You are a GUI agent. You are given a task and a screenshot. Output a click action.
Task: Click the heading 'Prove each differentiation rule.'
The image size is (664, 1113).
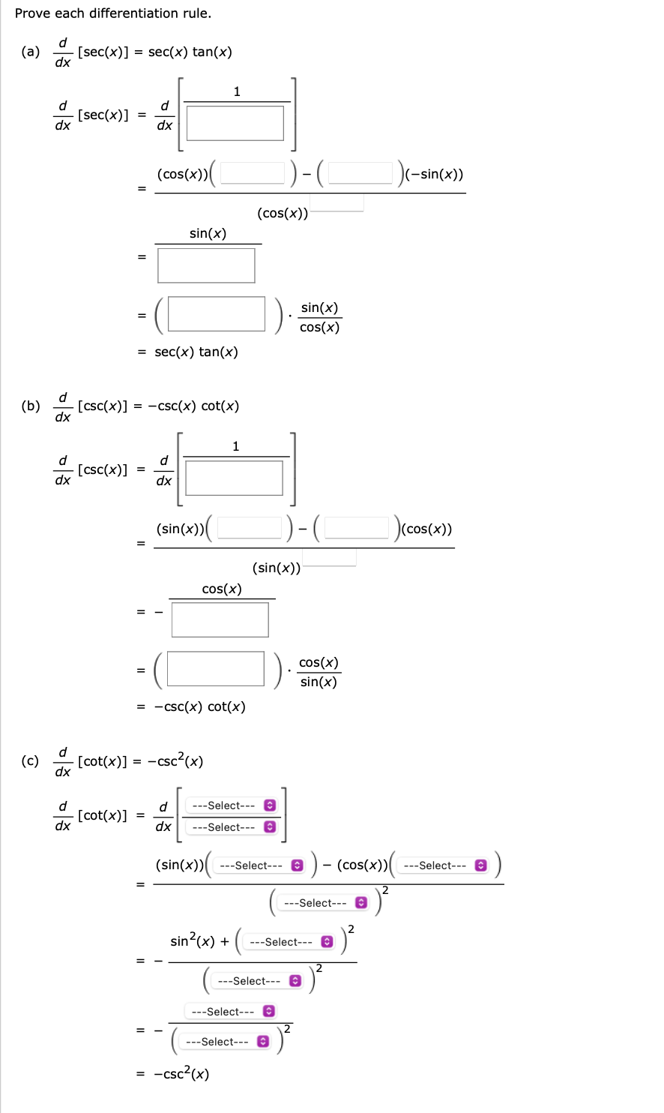113,13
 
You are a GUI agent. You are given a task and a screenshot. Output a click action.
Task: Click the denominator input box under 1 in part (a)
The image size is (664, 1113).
235,123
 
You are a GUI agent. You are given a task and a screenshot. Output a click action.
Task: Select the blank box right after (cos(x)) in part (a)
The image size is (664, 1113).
253,173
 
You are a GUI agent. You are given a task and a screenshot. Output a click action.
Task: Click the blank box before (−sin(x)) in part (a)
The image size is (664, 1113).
360,173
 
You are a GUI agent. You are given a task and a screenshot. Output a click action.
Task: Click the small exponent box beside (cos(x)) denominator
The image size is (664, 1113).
336,202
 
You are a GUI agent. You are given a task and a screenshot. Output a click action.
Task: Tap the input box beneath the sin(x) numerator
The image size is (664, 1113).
206,265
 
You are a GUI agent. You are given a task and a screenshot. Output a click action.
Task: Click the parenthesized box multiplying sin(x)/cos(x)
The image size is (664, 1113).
217,314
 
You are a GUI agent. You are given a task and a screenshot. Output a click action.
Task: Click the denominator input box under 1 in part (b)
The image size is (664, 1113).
234,478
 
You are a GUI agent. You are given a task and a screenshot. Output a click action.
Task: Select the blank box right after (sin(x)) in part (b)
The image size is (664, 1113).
250,528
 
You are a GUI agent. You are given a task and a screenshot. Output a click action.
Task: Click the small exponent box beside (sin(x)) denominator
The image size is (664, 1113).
329,556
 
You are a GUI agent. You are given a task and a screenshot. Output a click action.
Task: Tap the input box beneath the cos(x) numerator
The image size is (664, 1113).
220,620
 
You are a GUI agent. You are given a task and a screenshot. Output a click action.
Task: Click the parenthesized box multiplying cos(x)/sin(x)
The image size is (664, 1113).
216,669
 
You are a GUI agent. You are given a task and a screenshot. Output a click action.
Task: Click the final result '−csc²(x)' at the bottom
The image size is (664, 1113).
181,1074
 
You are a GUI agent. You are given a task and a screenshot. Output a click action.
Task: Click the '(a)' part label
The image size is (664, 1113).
31,52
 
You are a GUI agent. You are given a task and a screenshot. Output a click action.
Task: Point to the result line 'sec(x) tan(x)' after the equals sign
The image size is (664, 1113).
196,352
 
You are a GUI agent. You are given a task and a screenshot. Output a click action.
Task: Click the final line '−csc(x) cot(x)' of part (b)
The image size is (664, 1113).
199,706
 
